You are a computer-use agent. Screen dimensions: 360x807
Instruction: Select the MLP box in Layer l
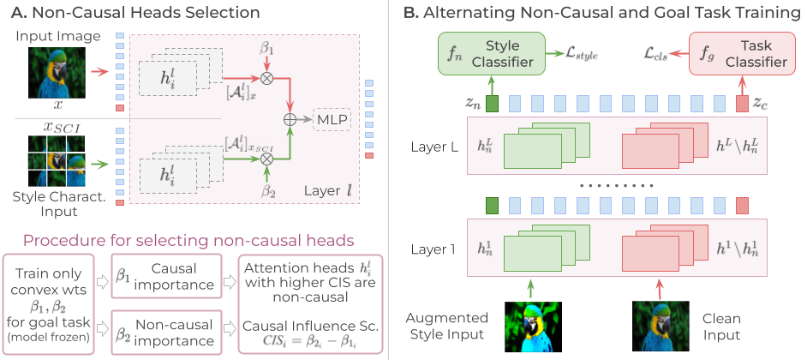tap(332, 118)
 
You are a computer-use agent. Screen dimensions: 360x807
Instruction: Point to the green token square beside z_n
tap(492, 105)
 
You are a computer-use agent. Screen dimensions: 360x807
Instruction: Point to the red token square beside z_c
tap(741, 105)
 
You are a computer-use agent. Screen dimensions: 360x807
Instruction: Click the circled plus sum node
tap(290, 118)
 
